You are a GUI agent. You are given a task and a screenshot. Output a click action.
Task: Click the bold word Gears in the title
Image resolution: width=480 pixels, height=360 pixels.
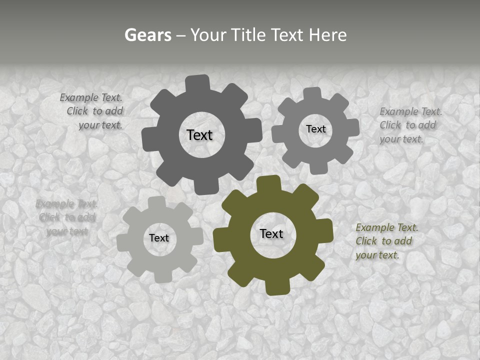point(147,35)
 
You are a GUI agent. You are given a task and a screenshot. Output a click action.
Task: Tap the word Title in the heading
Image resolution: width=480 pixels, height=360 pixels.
point(248,35)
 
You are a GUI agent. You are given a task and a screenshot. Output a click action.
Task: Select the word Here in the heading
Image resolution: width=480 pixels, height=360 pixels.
point(327,35)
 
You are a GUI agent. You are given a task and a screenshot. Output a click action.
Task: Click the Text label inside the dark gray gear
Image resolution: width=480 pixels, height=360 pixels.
point(199,135)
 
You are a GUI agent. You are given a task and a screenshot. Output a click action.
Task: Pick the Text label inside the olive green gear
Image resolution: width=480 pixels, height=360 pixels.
point(271,233)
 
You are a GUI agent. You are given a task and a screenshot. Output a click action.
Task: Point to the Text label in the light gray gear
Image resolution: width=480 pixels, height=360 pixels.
point(159,238)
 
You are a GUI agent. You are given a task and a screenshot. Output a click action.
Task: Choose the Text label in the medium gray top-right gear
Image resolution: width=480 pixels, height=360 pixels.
point(315,129)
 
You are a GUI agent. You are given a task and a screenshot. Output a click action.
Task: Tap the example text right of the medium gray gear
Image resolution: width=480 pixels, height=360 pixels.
point(410,125)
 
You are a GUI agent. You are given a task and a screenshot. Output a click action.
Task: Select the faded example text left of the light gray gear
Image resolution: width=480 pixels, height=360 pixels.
point(66,217)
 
